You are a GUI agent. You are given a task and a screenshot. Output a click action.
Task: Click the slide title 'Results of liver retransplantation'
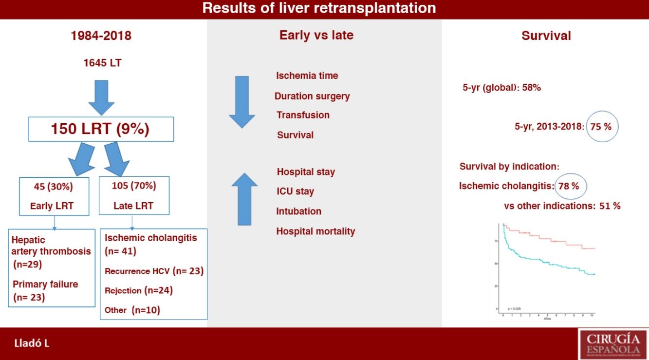pyautogui.click(x=319, y=8)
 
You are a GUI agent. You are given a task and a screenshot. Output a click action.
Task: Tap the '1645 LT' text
pyautogui.click(x=101, y=63)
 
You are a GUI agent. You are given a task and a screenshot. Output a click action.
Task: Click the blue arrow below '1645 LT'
pyautogui.click(x=101, y=96)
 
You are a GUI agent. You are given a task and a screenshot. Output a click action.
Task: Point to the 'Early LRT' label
pyautogui.click(x=52, y=206)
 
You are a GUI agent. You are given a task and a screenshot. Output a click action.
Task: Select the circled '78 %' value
pyautogui.click(x=572, y=186)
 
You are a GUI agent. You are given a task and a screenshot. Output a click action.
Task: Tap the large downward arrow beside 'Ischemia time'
pyautogui.click(x=241, y=102)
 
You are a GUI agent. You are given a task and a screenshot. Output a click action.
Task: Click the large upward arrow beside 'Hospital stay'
pyautogui.click(x=244, y=199)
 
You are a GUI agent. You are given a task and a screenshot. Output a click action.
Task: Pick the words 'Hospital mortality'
pyautogui.click(x=315, y=231)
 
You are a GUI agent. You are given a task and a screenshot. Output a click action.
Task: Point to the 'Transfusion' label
pyautogui.click(x=303, y=115)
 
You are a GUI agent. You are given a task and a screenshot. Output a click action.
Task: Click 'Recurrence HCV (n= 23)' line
pyautogui.click(x=154, y=271)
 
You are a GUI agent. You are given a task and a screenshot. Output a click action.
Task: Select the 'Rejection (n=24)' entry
pyautogui.click(x=139, y=290)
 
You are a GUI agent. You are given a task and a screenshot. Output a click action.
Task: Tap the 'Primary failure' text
pyautogui.click(x=45, y=284)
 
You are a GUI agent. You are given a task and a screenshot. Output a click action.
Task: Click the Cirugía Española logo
pyautogui.click(x=612, y=343)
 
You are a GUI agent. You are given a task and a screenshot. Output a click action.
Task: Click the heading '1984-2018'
pyautogui.click(x=101, y=36)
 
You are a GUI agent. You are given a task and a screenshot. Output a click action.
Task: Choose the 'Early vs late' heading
pyautogui.click(x=316, y=35)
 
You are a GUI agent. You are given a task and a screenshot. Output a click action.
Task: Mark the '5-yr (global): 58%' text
pyautogui.click(x=501, y=88)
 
